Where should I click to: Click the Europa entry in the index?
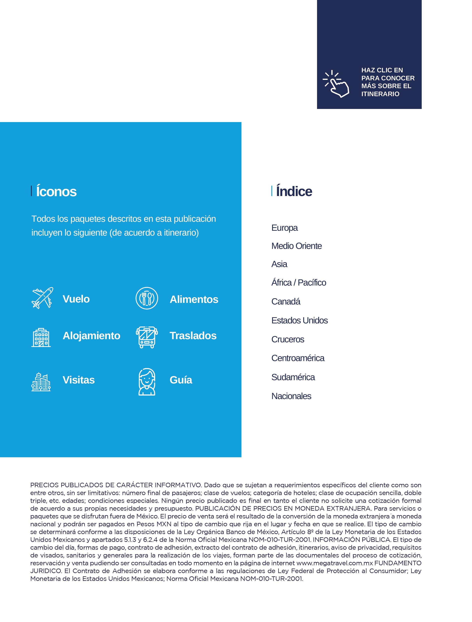[284, 228]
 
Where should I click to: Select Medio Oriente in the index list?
[296, 246]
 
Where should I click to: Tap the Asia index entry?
[279, 264]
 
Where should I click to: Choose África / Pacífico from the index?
[298, 283]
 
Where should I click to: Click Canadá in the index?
[286, 301]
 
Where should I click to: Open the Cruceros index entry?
[288, 339]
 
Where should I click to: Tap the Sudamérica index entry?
[293, 377]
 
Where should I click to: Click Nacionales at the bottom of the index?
[291, 396]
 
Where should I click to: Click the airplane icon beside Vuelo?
[42, 298]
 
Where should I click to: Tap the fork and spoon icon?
[147, 298]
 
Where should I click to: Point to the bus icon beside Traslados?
[147, 337]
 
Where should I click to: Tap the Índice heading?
[294, 192]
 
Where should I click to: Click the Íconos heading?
[56, 192]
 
